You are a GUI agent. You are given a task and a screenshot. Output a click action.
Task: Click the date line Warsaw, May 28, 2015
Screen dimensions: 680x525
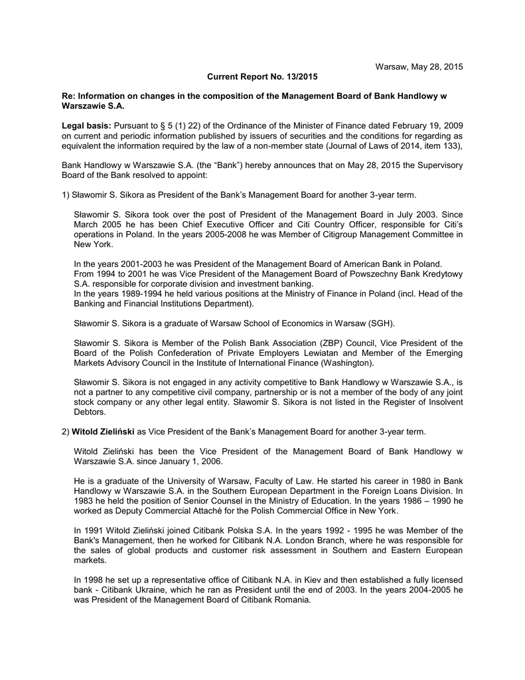click(419, 67)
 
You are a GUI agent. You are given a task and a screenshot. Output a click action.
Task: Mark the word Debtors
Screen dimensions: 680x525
click(91, 412)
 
